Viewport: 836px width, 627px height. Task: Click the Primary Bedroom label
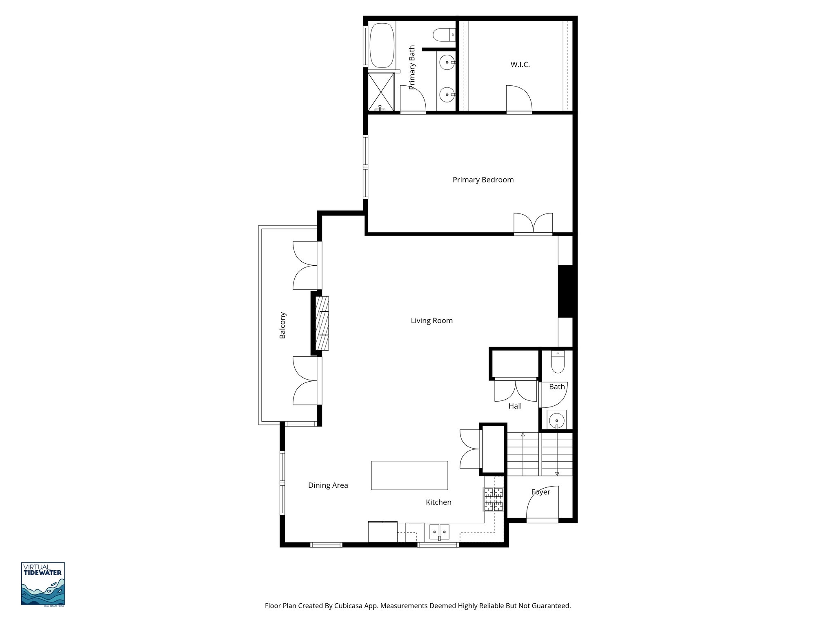click(x=483, y=180)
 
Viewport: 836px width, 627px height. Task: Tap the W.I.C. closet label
click(x=520, y=64)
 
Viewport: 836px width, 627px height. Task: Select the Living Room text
click(x=431, y=320)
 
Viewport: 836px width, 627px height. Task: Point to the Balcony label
click(x=282, y=325)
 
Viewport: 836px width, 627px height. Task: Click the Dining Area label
click(x=328, y=485)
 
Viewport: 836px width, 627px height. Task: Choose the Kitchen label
click(x=438, y=502)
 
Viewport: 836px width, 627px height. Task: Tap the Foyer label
click(x=540, y=492)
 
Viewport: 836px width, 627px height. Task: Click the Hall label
click(x=515, y=406)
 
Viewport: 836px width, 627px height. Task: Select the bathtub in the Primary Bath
click(x=382, y=45)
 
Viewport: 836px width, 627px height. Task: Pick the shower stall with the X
click(x=381, y=92)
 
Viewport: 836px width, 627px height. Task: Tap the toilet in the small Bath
click(x=557, y=362)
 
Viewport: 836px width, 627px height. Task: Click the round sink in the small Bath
click(x=556, y=420)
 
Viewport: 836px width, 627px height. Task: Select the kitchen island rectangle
click(x=409, y=475)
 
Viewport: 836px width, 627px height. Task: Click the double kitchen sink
click(x=439, y=532)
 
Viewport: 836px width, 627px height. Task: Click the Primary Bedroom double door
click(x=533, y=224)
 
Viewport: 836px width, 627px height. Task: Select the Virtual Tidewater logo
click(x=43, y=584)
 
